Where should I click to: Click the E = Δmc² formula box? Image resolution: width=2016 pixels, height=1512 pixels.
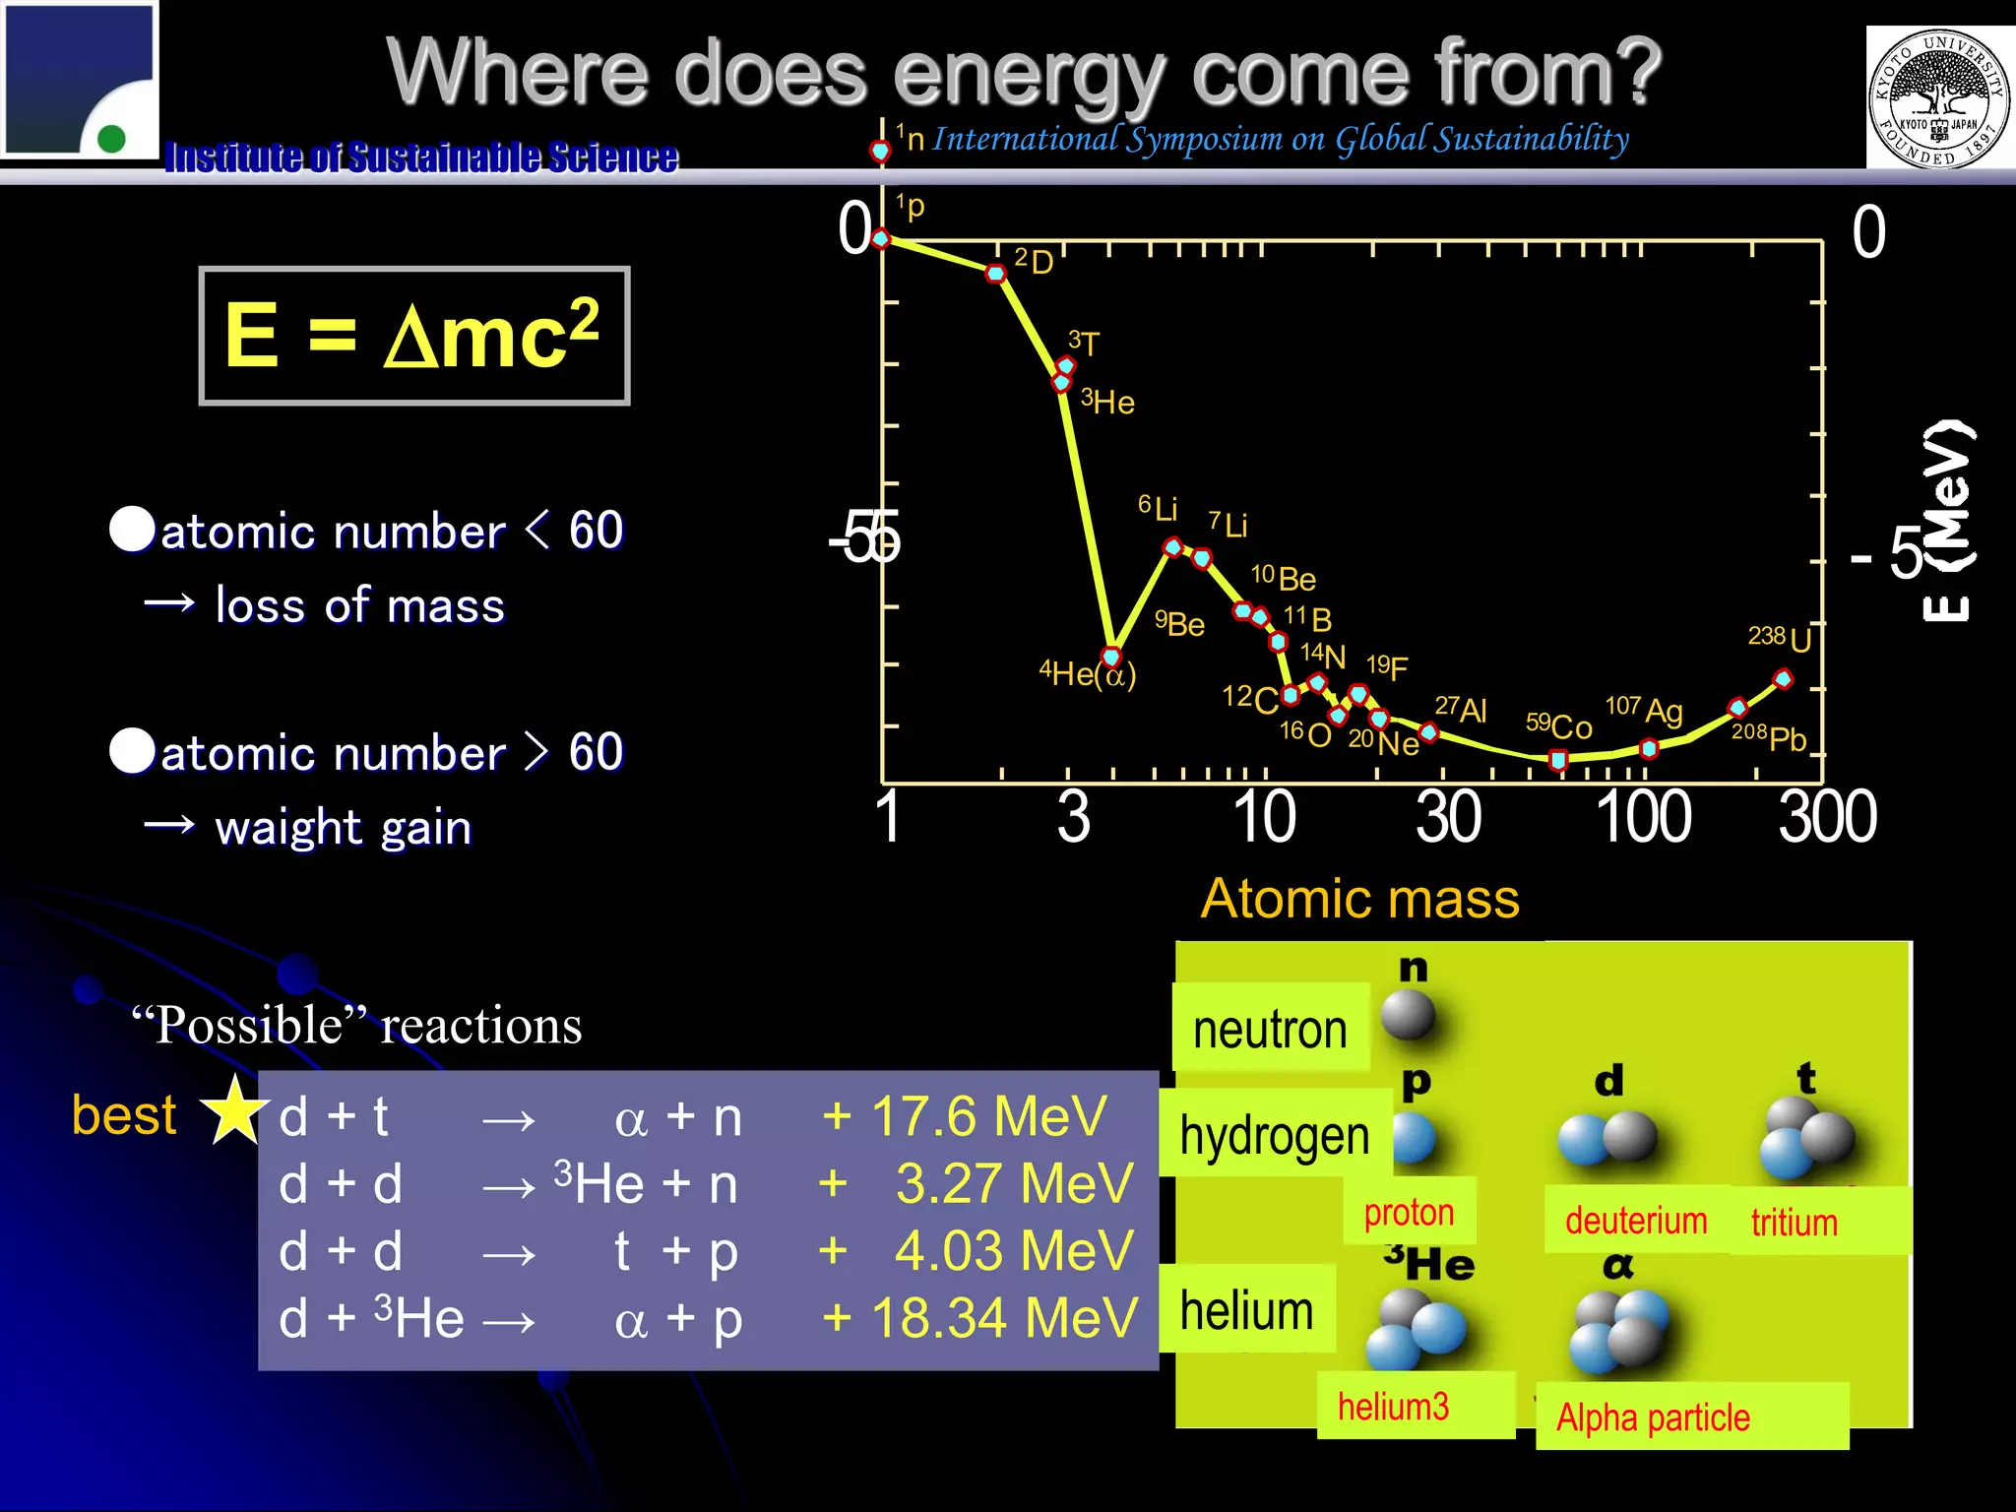[x=413, y=336]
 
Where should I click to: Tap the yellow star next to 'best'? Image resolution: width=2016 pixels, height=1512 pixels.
[x=234, y=1110]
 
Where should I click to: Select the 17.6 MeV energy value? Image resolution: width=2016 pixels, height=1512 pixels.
[x=965, y=1117]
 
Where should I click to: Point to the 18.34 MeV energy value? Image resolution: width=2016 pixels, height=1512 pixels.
[x=980, y=1318]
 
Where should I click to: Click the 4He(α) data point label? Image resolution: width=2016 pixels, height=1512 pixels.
[x=1088, y=674]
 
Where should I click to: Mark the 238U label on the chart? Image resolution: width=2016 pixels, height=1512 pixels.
[x=1779, y=638]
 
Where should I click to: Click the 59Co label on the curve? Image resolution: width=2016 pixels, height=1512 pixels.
[x=1559, y=726]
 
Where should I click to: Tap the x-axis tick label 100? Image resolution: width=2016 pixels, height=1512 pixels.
[x=1643, y=817]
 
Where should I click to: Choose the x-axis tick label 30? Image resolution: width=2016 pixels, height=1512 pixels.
[x=1449, y=817]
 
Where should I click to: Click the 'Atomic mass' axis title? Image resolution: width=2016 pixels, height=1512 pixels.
[x=1359, y=899]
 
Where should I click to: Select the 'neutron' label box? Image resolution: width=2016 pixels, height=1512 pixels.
[x=1270, y=1030]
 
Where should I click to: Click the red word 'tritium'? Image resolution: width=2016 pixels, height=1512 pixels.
[x=1794, y=1223]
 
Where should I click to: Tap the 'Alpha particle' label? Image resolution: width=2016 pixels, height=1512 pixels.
[x=1653, y=1417]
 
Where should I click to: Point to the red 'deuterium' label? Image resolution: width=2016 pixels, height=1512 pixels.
[x=1636, y=1221]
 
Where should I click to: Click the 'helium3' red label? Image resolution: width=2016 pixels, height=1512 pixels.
[x=1393, y=1407]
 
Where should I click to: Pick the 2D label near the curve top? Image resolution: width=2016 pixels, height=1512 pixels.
[x=1034, y=261]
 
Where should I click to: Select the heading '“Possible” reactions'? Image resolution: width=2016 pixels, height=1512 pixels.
[x=356, y=1026]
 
